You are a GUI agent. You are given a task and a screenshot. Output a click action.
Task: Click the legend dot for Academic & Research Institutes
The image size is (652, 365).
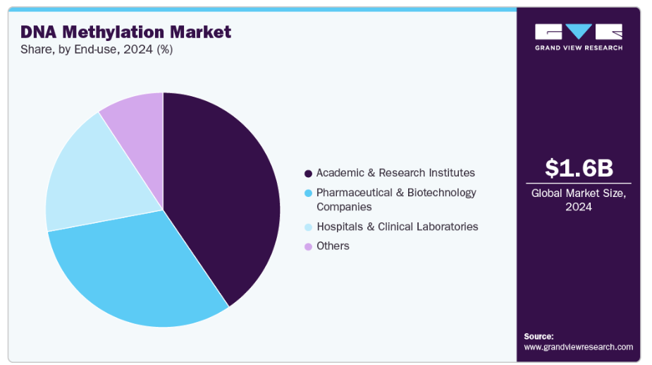pos(308,174)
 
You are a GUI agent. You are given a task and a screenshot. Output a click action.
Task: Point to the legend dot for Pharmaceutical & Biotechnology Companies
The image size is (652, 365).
pos(308,193)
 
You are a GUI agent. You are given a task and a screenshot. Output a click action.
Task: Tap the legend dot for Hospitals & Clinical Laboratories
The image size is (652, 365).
pos(308,227)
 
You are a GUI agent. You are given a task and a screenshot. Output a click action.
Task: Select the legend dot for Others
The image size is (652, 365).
pos(308,246)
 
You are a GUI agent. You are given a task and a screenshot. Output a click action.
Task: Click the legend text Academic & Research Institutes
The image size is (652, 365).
pos(395,173)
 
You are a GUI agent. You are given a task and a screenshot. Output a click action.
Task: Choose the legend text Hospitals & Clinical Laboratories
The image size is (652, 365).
pos(397,227)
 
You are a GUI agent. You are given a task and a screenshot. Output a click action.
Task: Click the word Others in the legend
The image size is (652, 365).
pos(333,246)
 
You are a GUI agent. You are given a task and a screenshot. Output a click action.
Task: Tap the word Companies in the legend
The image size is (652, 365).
pos(344,207)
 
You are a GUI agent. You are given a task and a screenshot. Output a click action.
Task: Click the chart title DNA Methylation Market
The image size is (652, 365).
pos(125,32)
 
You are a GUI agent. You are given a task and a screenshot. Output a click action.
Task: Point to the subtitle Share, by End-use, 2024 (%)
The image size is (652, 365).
pos(97,49)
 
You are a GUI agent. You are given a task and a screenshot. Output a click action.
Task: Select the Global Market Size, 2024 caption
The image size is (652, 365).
pos(579,200)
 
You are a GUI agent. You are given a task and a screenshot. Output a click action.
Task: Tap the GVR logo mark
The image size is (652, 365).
pos(579,32)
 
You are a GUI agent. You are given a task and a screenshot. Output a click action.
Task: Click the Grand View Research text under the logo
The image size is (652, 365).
pos(579,48)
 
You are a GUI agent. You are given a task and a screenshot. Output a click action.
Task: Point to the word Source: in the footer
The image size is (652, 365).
pos(539,337)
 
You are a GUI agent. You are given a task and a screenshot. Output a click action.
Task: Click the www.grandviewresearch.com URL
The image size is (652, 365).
pos(578,347)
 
